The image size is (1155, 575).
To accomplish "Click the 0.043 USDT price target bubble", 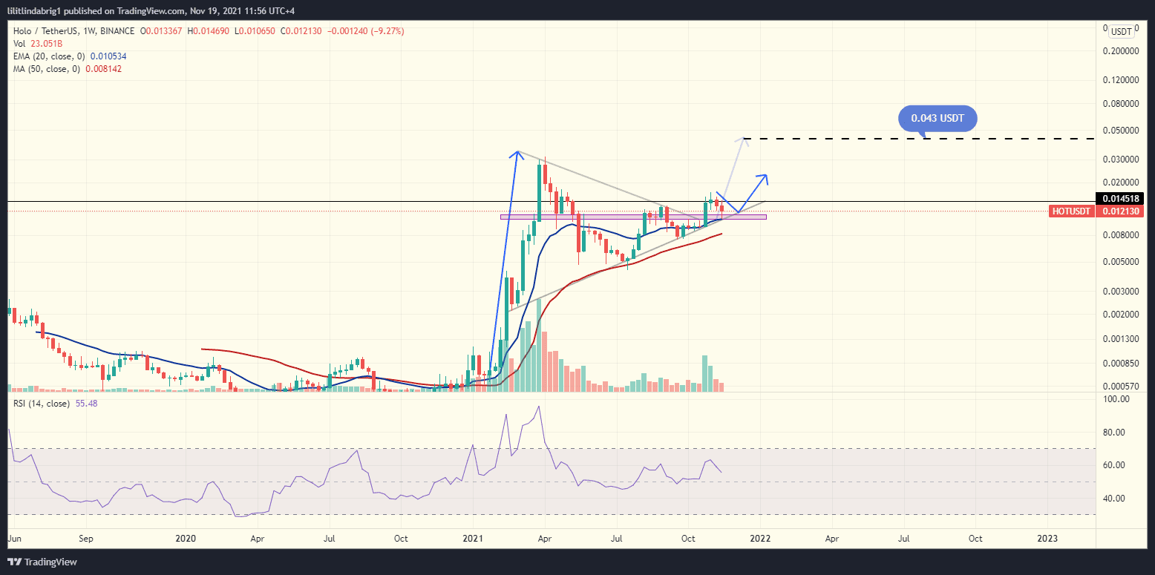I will pyautogui.click(x=937, y=118).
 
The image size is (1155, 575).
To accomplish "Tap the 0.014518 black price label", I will pyautogui.click(x=1125, y=199).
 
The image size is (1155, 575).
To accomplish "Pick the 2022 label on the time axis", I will pyautogui.click(x=760, y=539).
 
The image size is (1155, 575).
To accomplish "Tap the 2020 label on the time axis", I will pyautogui.click(x=186, y=539).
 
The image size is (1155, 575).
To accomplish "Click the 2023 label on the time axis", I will pyautogui.click(x=1047, y=539).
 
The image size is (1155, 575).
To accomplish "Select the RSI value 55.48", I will pyautogui.click(x=86, y=403).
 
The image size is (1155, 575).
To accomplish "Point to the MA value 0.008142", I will pyautogui.click(x=104, y=68).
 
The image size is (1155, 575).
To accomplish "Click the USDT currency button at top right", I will pyautogui.click(x=1120, y=31).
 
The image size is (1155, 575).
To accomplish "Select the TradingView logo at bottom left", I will pyautogui.click(x=43, y=562).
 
